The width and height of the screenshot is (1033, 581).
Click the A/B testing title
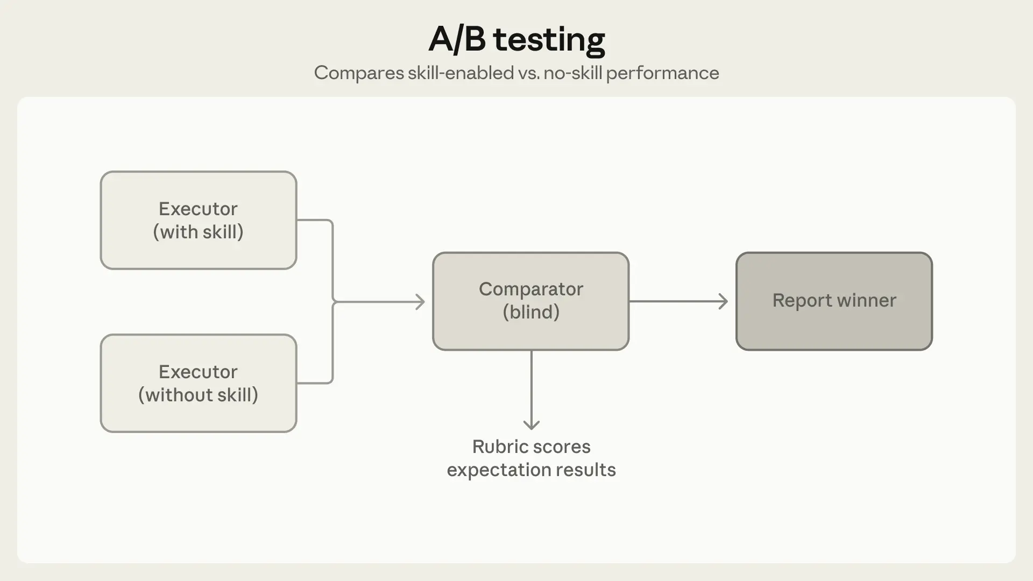[x=516, y=39]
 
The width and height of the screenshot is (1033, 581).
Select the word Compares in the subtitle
[x=358, y=73]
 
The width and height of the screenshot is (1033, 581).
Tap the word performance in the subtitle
[x=662, y=73]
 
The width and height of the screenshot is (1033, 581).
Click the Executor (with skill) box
[x=199, y=220]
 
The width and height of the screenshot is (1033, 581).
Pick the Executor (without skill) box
[x=199, y=383]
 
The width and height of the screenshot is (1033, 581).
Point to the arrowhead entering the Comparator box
[x=421, y=302]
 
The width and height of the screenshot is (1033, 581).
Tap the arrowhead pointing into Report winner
[x=724, y=301]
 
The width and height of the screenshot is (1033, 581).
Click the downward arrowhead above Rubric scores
[x=532, y=425]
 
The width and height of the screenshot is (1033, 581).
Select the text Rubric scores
[x=531, y=447]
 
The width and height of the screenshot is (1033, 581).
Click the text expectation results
[x=531, y=470]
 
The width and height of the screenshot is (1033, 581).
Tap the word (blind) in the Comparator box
[x=531, y=312]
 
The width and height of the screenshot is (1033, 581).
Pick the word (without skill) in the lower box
[x=199, y=395]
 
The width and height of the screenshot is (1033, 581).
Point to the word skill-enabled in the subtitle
[x=461, y=73]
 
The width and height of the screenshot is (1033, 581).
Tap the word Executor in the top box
[x=198, y=209]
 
